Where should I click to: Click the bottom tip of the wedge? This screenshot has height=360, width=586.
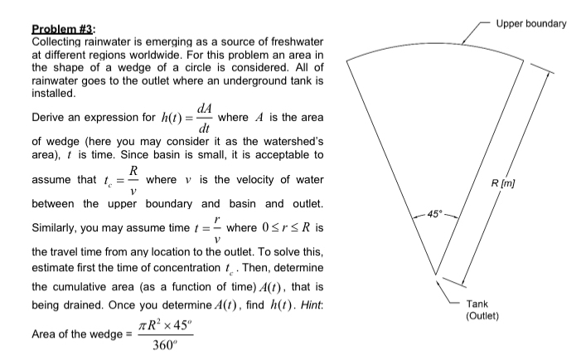point(435,275)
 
